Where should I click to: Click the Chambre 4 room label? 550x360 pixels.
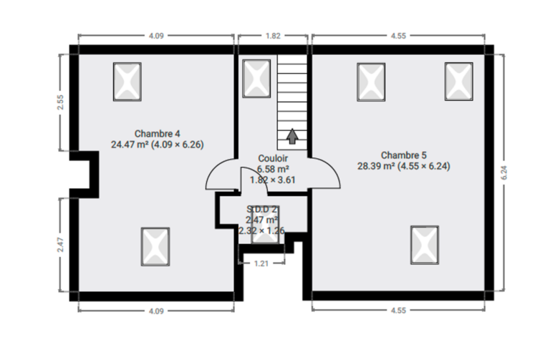[x=157, y=134]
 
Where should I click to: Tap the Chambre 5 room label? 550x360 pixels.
[x=404, y=155]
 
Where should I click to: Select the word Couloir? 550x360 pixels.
[x=273, y=158]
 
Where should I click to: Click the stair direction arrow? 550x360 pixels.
[x=292, y=137]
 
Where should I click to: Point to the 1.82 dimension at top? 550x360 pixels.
[x=273, y=36]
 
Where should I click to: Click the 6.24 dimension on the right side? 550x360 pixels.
[x=504, y=172]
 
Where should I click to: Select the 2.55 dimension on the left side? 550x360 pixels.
[x=60, y=102]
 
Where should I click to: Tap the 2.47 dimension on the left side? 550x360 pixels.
[x=60, y=245]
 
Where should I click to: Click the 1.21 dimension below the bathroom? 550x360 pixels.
[x=261, y=263]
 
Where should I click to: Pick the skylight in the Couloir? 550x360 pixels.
[x=256, y=79]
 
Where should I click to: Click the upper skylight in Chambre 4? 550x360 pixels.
[x=127, y=82]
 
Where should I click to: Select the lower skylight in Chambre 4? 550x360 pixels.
[x=155, y=247]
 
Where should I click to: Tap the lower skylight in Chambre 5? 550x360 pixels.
[x=425, y=245]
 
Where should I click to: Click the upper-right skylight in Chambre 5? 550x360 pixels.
[x=459, y=82]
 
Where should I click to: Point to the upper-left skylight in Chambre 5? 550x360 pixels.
[x=371, y=82]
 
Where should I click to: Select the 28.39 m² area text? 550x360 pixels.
[x=376, y=166]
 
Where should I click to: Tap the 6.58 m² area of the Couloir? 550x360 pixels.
[x=273, y=170]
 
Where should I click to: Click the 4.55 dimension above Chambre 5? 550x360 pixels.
[x=398, y=36]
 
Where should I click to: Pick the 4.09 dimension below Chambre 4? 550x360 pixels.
[x=156, y=311]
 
